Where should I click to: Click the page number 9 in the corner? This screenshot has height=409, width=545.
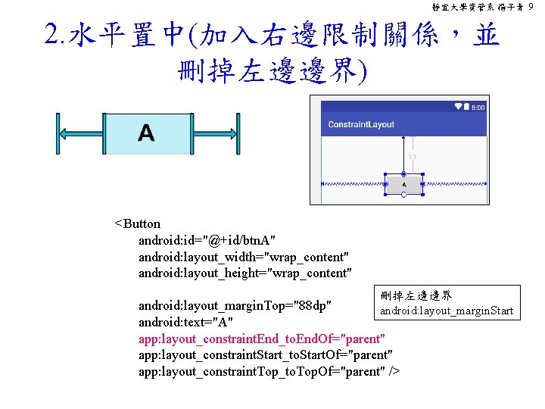click(x=532, y=6)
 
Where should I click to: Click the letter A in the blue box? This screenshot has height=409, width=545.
click(x=146, y=134)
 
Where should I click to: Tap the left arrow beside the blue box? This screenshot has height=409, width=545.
click(x=79, y=133)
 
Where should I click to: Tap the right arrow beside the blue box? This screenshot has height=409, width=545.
click(x=214, y=133)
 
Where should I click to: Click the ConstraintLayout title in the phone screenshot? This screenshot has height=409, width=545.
click(x=361, y=124)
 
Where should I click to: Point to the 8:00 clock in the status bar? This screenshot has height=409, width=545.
click(x=478, y=108)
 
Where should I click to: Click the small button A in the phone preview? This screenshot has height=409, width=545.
click(x=403, y=184)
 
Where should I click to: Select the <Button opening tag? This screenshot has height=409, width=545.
click(x=137, y=223)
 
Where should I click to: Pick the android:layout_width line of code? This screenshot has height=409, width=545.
click(x=244, y=257)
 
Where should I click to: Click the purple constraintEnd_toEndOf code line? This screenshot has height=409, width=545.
click(x=262, y=338)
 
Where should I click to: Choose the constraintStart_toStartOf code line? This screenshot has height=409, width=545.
click(x=265, y=354)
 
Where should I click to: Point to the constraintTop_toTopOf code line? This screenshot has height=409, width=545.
click(x=269, y=370)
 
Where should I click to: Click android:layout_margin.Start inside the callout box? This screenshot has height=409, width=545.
click(x=446, y=311)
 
